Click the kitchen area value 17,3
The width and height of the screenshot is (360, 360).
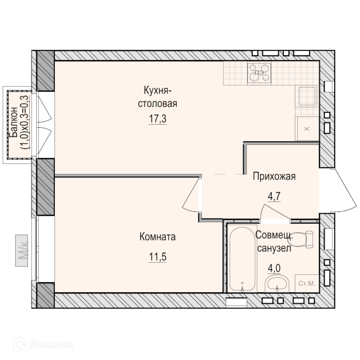coord(158,119)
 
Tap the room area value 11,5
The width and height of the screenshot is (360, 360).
coord(158,257)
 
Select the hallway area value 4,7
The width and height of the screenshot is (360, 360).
coord(274,197)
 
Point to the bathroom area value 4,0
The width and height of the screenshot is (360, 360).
coord(274,268)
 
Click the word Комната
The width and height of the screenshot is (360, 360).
coord(158,237)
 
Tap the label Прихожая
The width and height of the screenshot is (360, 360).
coord(274,176)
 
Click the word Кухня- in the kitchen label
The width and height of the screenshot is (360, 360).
coord(158,90)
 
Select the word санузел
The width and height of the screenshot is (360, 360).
coord(274,248)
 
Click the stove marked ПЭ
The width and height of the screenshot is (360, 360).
coord(259,73)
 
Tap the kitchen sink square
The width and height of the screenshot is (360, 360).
coord(307,96)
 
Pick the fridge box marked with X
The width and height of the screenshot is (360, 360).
coord(307,129)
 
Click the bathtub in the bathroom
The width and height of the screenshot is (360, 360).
coord(242,258)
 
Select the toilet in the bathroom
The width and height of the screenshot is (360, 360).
coord(301,239)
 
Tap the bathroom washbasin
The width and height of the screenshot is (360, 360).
coord(277,284)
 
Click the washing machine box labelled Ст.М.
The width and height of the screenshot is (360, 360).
coord(307,283)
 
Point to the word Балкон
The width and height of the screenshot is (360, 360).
coord(14,122)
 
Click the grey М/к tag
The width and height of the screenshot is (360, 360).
coord(22,251)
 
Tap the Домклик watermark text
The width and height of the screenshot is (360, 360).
coord(51,345)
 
